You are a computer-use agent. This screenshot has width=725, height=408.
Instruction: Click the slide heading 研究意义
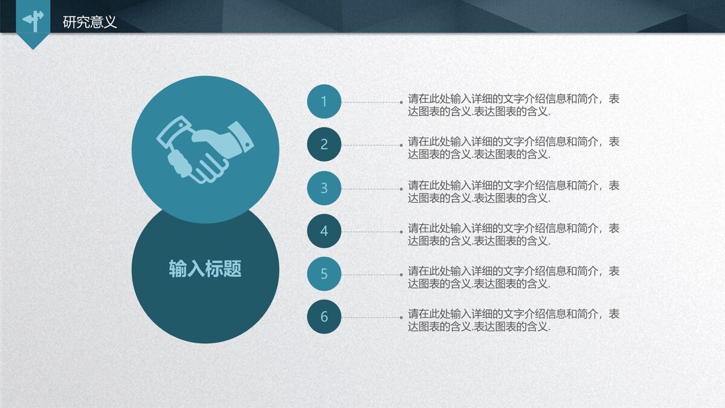click(90, 22)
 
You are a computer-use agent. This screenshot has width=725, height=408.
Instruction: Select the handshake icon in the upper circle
click(205, 151)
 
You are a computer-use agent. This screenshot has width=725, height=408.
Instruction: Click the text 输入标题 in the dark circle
click(205, 269)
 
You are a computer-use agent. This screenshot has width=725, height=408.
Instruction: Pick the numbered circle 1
click(324, 102)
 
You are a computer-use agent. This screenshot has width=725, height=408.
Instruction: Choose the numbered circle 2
click(324, 144)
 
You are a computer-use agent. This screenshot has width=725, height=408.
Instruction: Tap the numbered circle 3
click(324, 188)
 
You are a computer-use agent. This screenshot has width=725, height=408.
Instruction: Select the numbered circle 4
click(324, 231)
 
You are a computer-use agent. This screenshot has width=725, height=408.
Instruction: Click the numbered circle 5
click(324, 274)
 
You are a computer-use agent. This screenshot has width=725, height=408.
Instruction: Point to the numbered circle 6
click(324, 317)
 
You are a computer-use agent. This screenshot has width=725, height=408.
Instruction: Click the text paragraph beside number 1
click(514, 105)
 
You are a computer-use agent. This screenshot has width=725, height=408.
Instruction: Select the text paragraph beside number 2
click(514, 148)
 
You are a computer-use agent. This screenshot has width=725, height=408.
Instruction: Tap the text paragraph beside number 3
click(514, 192)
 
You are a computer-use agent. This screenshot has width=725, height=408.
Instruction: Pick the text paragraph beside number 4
click(514, 235)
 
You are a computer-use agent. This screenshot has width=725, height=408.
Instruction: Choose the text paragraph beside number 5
click(514, 277)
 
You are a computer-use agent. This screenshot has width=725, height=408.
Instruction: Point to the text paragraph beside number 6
click(514, 320)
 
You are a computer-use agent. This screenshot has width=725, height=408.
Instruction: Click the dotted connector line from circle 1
click(371, 102)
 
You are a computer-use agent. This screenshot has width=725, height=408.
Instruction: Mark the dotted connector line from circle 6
click(371, 317)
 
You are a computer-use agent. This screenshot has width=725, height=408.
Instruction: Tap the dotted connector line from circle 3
click(371, 189)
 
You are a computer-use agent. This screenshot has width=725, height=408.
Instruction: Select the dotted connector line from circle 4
click(371, 232)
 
